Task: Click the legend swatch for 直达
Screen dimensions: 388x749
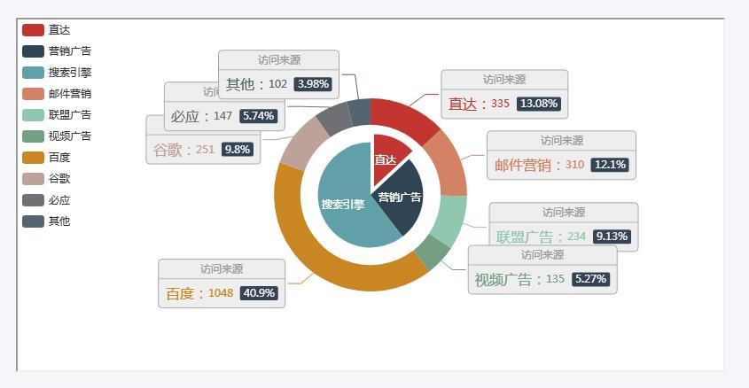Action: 33,30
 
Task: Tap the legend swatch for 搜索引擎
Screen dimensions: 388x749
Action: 33,73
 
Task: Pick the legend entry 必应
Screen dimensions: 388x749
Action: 59,200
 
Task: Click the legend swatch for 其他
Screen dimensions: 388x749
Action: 33,221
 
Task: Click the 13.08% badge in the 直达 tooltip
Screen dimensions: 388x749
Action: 539,104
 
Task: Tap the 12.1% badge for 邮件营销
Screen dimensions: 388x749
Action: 610,165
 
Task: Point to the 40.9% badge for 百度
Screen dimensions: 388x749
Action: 259,293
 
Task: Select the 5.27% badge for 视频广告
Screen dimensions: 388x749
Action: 590,279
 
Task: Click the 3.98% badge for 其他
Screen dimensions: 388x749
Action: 313,84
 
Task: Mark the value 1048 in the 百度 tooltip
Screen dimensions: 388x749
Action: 221,293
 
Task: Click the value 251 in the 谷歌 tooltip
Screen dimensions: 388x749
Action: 206,150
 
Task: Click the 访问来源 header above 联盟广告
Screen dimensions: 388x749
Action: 563,213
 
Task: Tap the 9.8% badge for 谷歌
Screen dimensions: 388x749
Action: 238,150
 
